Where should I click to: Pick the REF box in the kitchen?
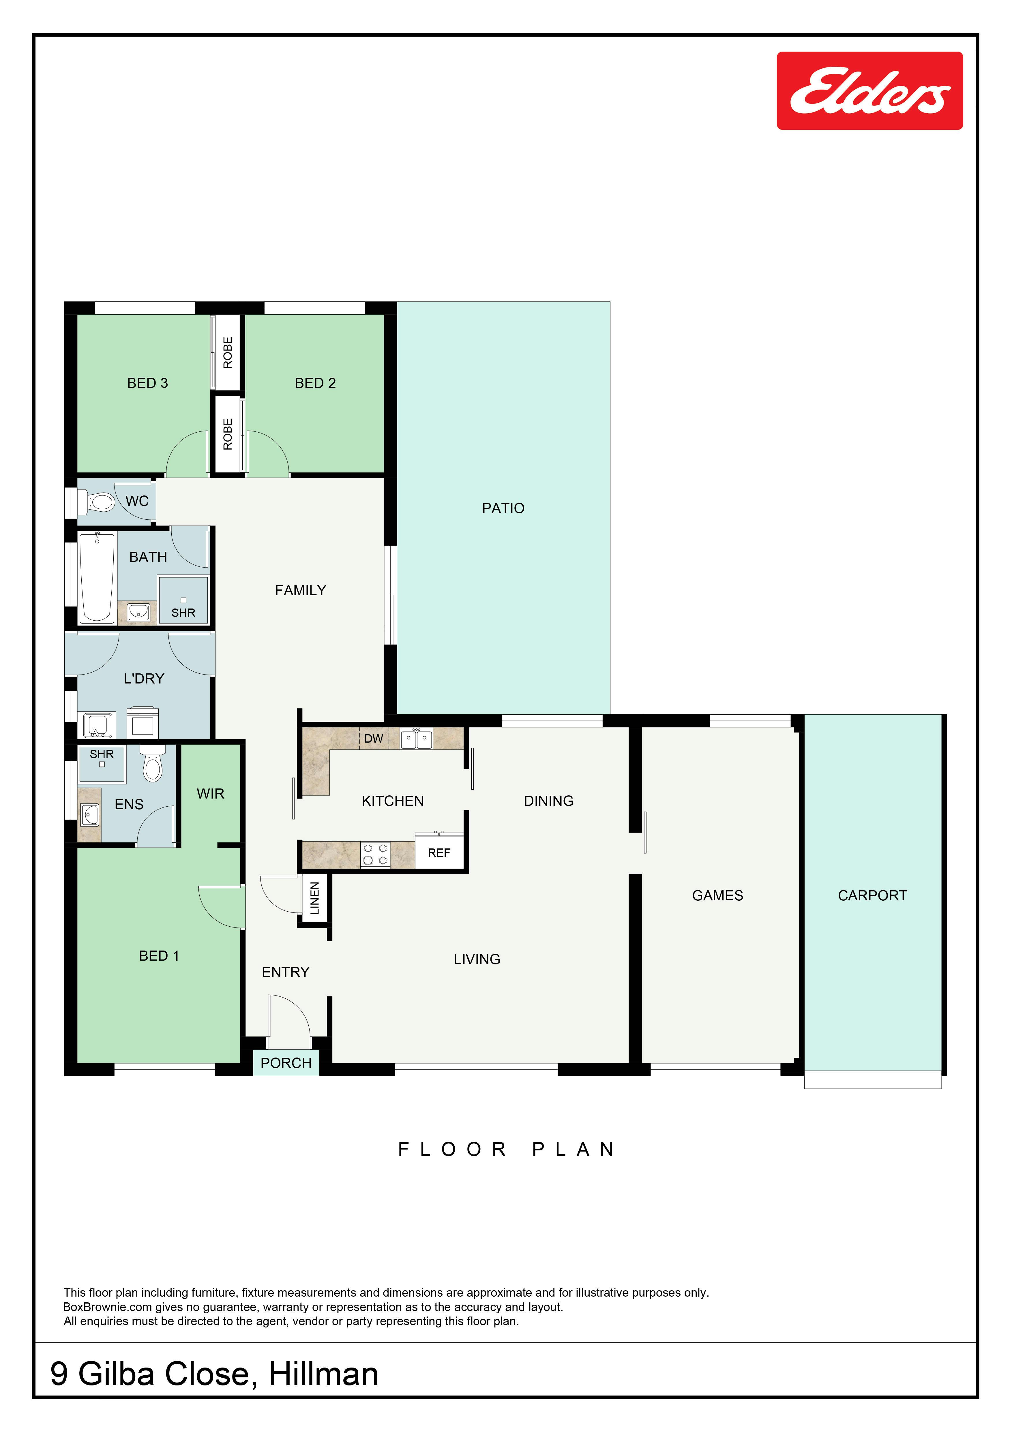pyautogui.click(x=439, y=852)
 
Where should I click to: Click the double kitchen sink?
pyautogui.click(x=416, y=739)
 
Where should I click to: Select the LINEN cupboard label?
pyautogui.click(x=314, y=898)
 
